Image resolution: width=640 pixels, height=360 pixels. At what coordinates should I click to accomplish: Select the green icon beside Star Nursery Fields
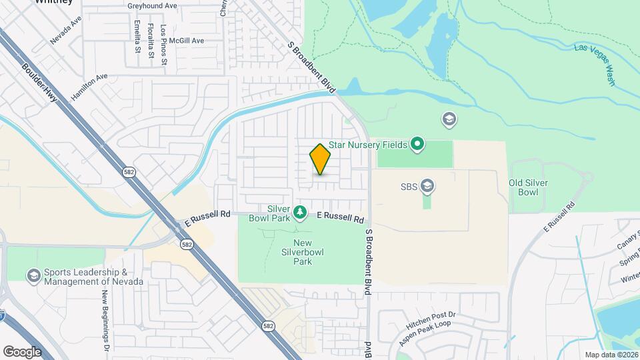pos(417,143)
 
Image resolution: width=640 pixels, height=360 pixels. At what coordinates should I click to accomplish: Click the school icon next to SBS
pos(427,186)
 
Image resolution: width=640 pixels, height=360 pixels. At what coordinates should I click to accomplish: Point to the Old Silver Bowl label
pos(523,187)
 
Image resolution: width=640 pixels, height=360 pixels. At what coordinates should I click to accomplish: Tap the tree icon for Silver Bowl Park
pos(301,213)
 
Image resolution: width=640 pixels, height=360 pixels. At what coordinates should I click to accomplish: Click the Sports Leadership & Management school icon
pos(33,276)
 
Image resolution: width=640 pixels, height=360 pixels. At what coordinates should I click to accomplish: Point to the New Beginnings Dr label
pos(106,315)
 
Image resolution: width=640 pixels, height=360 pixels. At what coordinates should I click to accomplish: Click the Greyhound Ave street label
pos(153,5)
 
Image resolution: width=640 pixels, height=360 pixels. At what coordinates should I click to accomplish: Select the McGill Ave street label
pos(185,41)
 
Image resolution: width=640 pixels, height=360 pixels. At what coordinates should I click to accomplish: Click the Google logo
pos(22,351)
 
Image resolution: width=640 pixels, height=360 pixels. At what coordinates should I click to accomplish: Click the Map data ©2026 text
pos(611,355)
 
